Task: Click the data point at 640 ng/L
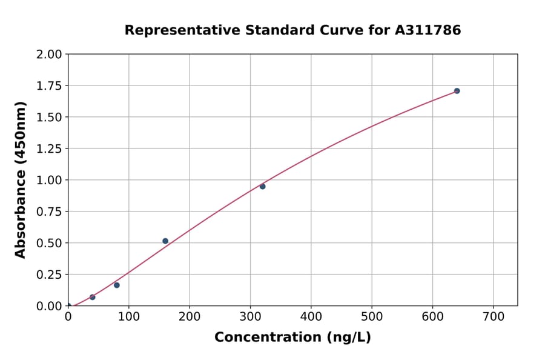pos(457,91)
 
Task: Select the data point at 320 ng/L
pos(262,186)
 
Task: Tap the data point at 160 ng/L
pos(165,241)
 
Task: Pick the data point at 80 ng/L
pos(117,285)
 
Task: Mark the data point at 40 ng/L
pos(93,297)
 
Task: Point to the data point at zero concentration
pos(68,306)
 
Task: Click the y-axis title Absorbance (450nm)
pos(21,180)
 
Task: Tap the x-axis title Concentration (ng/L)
pos(292,337)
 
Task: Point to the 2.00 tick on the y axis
pos(49,55)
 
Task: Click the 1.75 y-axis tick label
pos(49,86)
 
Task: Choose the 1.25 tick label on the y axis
pos(49,149)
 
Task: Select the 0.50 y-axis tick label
pos(49,243)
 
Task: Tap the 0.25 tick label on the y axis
pos(49,275)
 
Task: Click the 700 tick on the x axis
pos(493,317)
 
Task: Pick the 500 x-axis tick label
pos(372,317)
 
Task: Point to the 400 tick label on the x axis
pos(311,317)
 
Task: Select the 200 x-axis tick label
pos(190,317)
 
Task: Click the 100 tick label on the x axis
pos(129,317)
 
